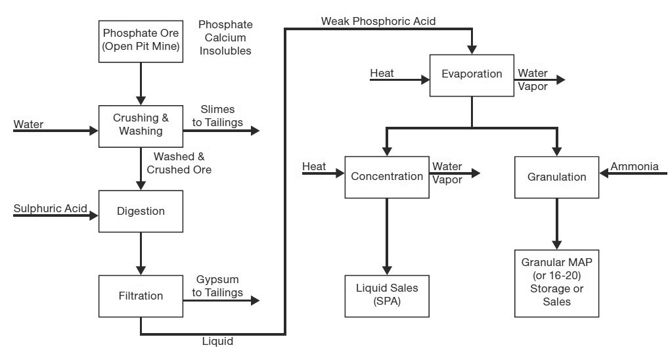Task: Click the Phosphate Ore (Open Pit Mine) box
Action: click(x=141, y=41)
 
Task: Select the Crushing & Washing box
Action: click(x=141, y=125)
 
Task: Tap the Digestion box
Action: click(x=141, y=212)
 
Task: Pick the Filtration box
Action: click(x=141, y=296)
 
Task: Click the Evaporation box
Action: click(x=472, y=74)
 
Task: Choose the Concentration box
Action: click(x=387, y=177)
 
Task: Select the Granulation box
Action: click(x=556, y=177)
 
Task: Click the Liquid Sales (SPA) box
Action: click(x=387, y=295)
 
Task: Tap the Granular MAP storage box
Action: click(x=556, y=282)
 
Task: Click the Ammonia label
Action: click(x=635, y=167)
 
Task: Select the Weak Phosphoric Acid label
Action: click(x=378, y=21)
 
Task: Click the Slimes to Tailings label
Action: click(x=217, y=116)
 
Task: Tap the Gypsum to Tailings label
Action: click(x=219, y=286)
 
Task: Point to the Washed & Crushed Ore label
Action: click(x=179, y=163)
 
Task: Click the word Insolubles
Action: click(x=225, y=51)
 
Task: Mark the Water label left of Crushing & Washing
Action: click(x=28, y=124)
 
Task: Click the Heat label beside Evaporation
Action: click(x=382, y=73)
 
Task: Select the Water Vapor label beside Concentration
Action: click(x=447, y=173)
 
